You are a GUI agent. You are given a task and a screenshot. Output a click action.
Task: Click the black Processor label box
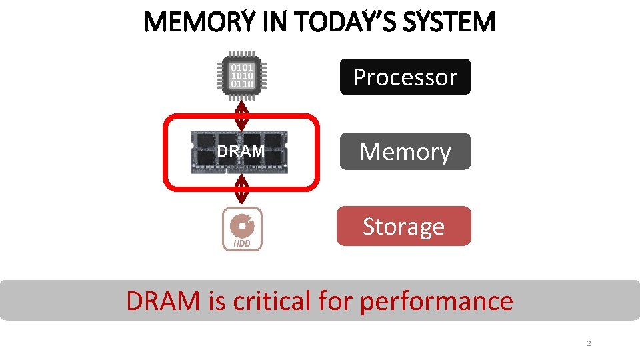405,77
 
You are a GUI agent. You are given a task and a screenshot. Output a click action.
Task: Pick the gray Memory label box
405,152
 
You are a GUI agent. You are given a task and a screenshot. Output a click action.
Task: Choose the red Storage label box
403,227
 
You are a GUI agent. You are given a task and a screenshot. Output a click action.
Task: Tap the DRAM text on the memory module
241,151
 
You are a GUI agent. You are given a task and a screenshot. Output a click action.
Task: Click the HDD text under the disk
242,243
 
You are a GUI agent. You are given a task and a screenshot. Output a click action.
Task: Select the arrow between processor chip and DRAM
242,114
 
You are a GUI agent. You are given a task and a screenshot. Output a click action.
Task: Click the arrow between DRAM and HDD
242,189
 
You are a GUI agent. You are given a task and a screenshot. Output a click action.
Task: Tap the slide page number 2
589,344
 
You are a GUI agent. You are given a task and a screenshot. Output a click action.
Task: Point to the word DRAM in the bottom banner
163,301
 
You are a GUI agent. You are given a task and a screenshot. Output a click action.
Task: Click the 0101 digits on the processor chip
242,67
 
